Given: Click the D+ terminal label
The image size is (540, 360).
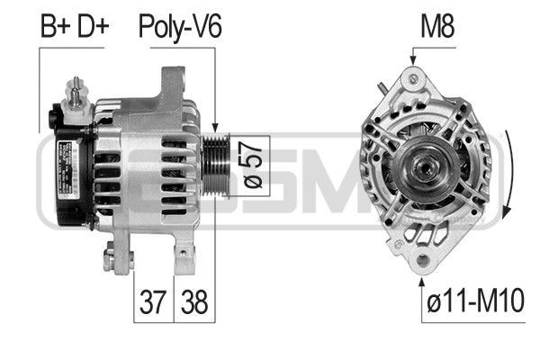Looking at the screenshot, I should tap(91, 26).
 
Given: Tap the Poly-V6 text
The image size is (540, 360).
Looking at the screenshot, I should tap(179, 26).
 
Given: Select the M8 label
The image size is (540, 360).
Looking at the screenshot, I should tap(437, 26).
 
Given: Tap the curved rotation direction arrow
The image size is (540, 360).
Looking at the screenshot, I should tap(508, 180).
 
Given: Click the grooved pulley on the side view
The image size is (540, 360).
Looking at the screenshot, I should tap(216, 165).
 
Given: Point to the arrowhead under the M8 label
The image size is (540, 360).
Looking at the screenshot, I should tap(412, 59).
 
